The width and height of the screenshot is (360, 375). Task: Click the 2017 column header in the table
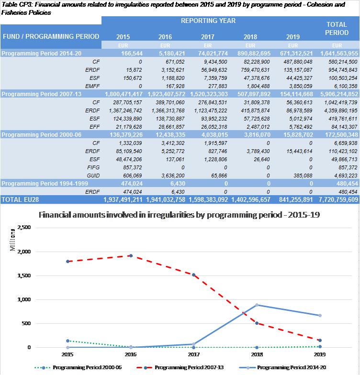pos(207,37)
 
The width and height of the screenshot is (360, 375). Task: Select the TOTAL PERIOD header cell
pos(337,28)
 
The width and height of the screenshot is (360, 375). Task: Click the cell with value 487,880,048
pos(293,62)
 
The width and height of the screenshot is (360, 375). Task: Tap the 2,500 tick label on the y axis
pos(22,228)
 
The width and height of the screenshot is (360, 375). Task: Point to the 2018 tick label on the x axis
pos(257,354)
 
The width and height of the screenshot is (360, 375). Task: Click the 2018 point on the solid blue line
pos(257,305)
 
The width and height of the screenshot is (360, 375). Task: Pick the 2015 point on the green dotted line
pos(68,341)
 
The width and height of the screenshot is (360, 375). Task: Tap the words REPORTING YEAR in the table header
pos(208,22)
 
